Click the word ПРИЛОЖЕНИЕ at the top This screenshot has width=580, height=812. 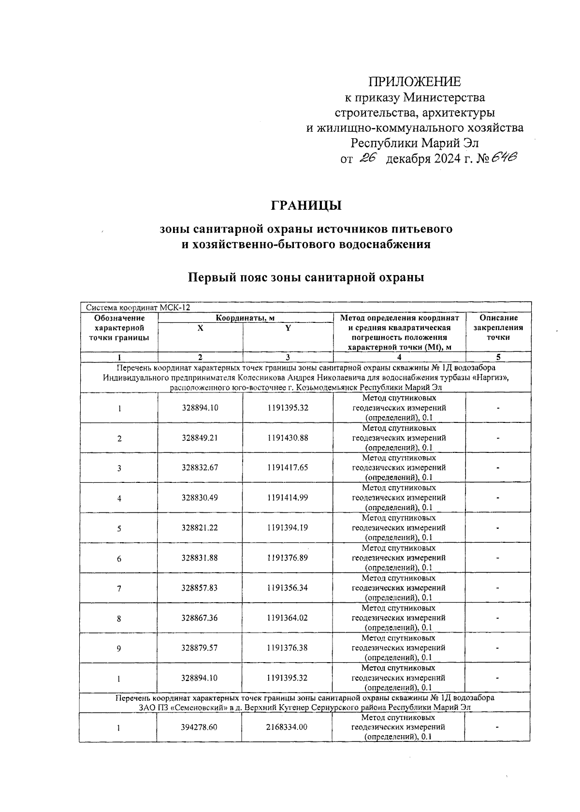pyautogui.click(x=415, y=81)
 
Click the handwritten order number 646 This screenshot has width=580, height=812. pyautogui.click(x=502, y=158)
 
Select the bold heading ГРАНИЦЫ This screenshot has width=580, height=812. pyautogui.click(x=306, y=205)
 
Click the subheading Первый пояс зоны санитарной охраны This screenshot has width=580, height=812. pyautogui.click(x=306, y=278)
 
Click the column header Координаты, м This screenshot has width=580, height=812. pyautogui.click(x=246, y=318)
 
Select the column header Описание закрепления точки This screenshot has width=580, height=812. pyautogui.click(x=498, y=328)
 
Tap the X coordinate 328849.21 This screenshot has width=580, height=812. pyautogui.click(x=200, y=438)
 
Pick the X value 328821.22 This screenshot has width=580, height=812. pyautogui.click(x=200, y=528)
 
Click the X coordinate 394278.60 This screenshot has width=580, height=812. pyautogui.click(x=200, y=727)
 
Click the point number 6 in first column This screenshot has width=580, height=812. pyautogui.click(x=119, y=558)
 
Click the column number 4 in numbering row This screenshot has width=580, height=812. pyautogui.click(x=399, y=358)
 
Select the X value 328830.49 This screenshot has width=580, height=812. pyautogui.click(x=200, y=498)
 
